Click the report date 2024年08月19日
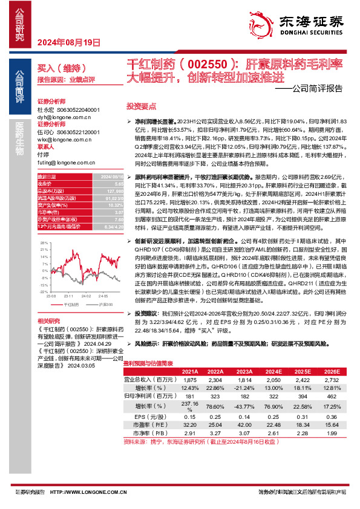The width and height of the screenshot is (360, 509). [68, 42]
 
